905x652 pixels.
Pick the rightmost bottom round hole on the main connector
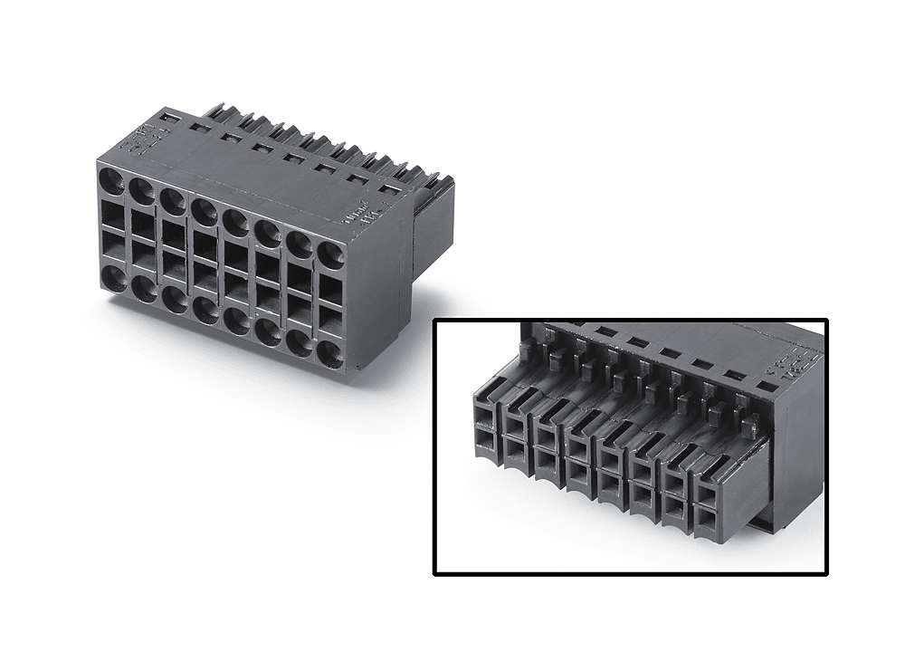tap(330, 351)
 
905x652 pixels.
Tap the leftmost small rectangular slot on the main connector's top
tap(169, 118)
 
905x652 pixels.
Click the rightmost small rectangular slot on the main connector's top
tap(389, 188)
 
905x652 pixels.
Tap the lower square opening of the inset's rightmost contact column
tap(705, 518)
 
